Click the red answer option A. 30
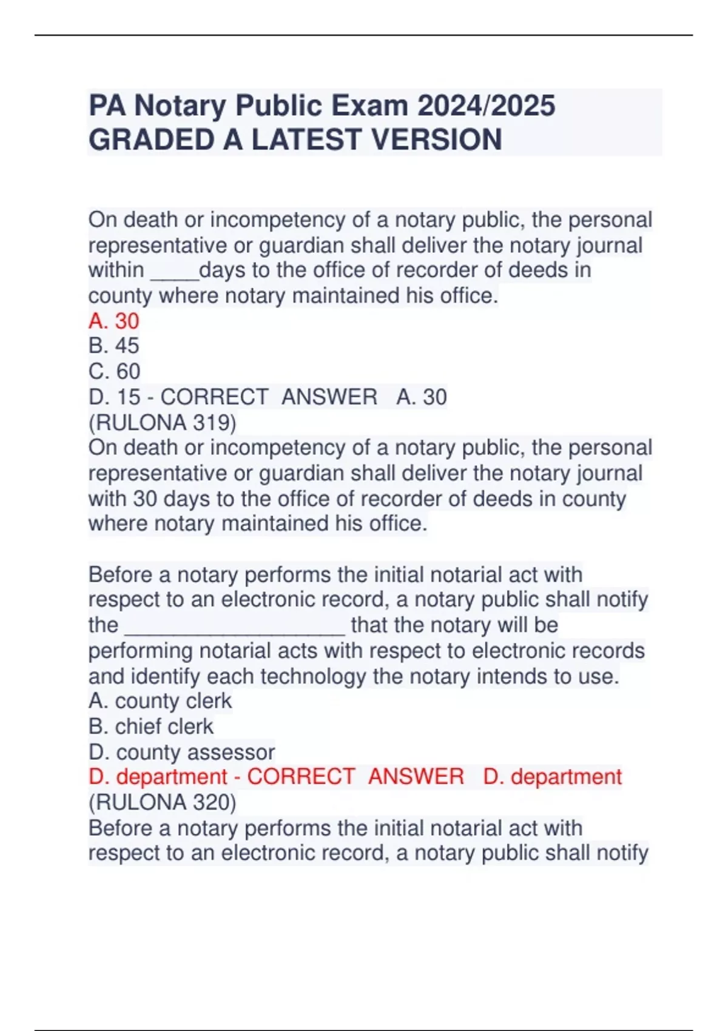pos(114,321)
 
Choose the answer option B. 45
pos(114,346)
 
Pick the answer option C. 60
pos(114,371)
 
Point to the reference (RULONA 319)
pos(162,422)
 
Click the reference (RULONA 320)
pos(162,802)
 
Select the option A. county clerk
pos(160,701)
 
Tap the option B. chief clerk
pos(151,727)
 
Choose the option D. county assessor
pos(181,752)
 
